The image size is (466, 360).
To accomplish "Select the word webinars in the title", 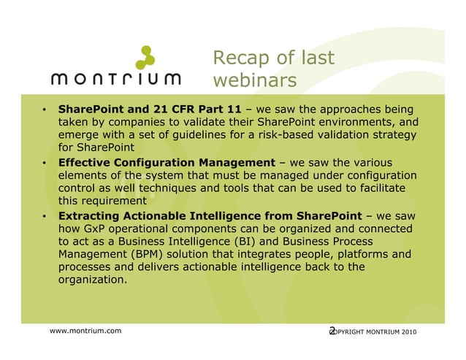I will (255, 80).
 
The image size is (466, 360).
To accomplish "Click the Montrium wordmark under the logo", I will (117, 79).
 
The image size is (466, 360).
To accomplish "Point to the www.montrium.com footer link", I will (85, 332).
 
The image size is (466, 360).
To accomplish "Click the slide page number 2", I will (332, 332).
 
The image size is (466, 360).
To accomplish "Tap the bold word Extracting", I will (91, 217).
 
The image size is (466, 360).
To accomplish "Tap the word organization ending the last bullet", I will (92, 280).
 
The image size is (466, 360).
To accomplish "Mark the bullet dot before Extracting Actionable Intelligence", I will (45, 218).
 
